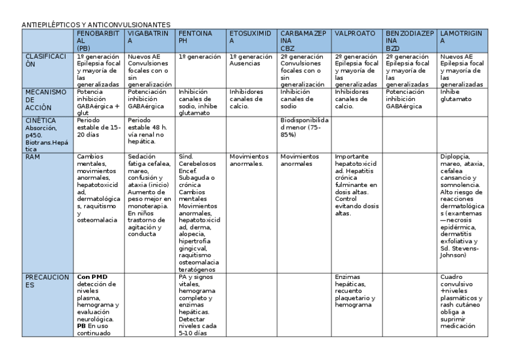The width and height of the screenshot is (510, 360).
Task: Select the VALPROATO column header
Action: (x=355, y=34)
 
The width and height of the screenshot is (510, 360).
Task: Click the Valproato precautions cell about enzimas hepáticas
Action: (x=355, y=291)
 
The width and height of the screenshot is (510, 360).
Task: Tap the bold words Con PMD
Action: (x=88, y=276)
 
